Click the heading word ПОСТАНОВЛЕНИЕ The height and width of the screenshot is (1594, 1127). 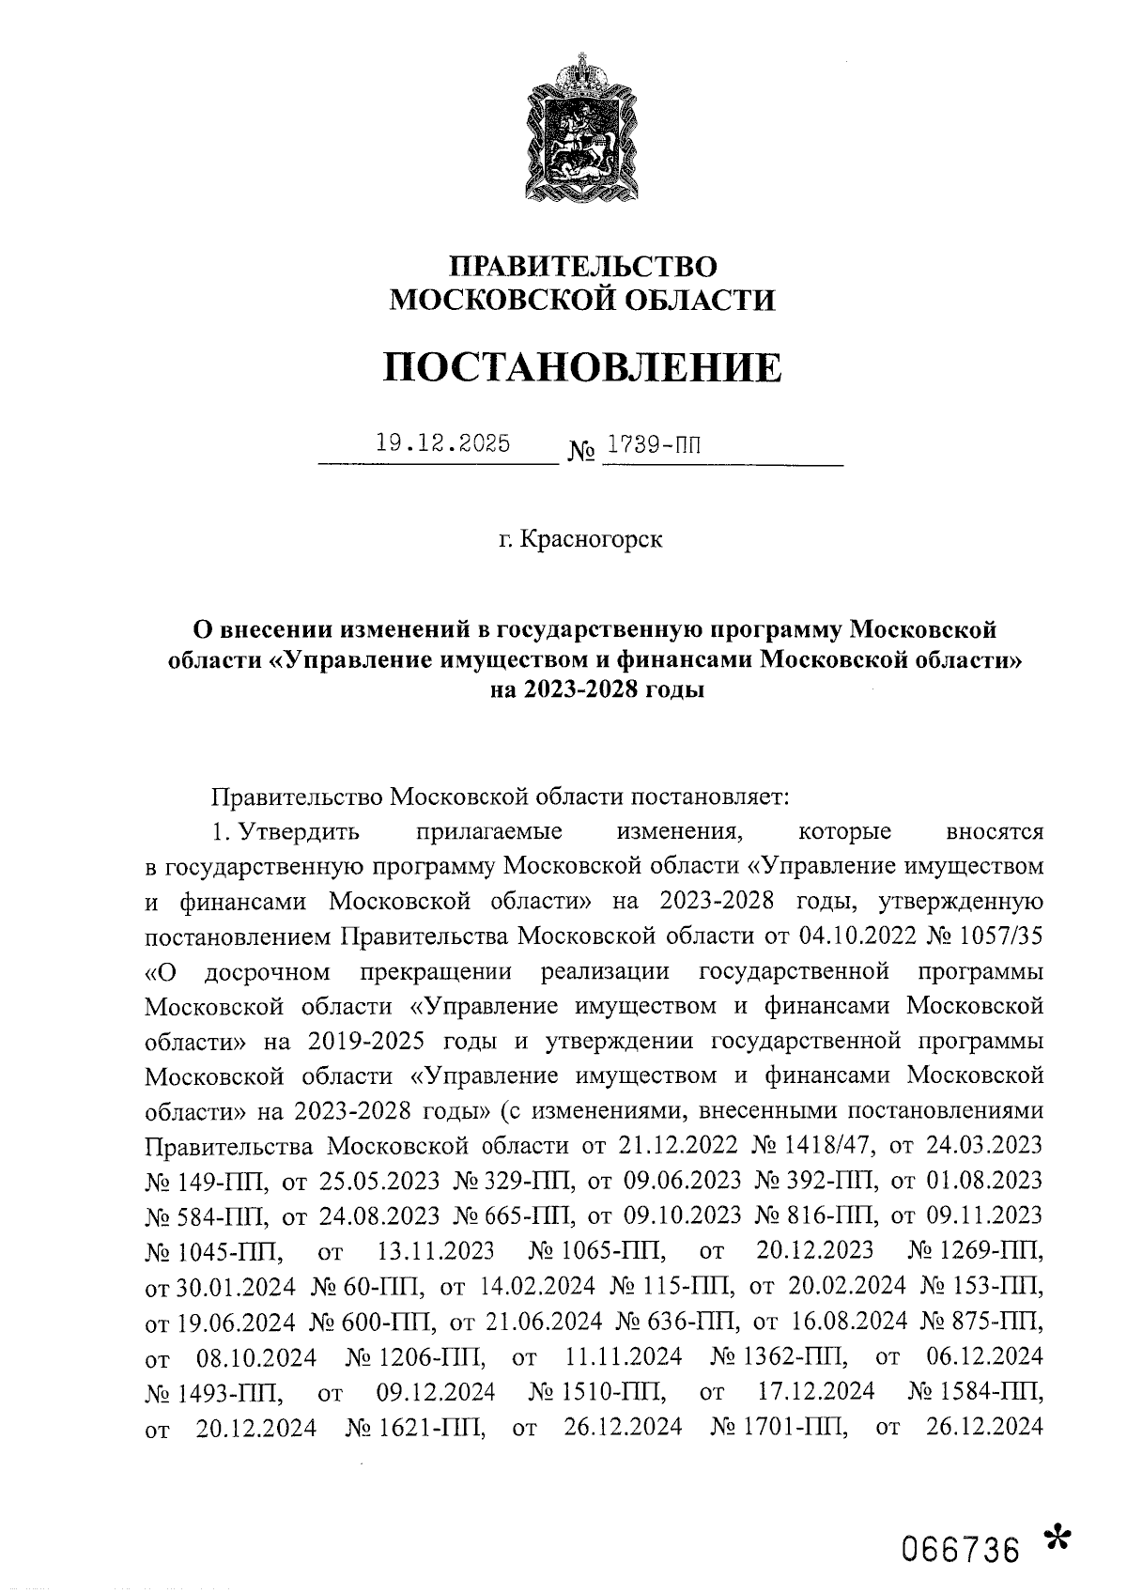pos(582,366)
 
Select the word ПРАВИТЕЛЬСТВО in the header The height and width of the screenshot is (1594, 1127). pos(582,267)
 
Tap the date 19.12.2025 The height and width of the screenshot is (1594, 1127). pos(442,443)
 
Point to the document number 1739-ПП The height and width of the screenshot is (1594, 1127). pos(653,444)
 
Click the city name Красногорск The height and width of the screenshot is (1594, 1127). pos(592,540)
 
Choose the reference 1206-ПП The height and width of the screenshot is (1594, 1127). pos(431,1356)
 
